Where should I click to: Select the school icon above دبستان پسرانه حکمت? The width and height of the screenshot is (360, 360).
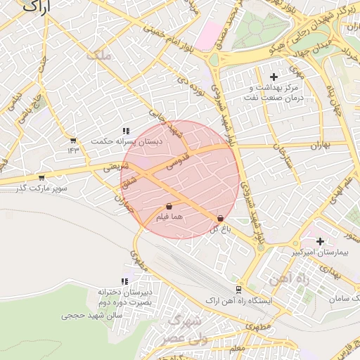tap(125, 131)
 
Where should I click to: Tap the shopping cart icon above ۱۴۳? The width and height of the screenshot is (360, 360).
tap(73, 140)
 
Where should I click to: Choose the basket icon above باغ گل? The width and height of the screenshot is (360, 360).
tap(221, 219)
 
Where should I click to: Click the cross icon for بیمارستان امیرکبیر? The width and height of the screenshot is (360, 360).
tap(320, 241)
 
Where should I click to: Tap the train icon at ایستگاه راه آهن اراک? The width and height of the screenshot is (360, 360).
tap(239, 289)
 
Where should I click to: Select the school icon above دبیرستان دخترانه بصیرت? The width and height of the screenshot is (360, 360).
tap(124, 282)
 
